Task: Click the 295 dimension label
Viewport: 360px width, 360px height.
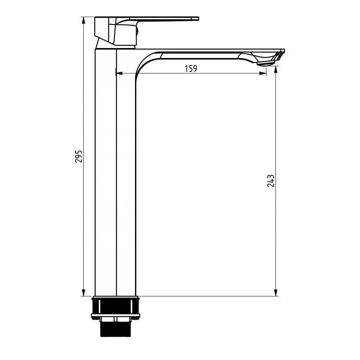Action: (x=79, y=156)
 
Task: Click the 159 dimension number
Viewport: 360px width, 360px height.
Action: (x=191, y=69)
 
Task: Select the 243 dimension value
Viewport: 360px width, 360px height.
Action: (x=271, y=181)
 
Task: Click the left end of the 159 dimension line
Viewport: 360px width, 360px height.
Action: (x=116, y=73)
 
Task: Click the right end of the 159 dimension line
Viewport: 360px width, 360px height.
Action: (x=265, y=73)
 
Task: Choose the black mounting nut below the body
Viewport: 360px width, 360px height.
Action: (x=115, y=306)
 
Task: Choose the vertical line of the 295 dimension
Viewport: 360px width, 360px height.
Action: (x=84, y=220)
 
